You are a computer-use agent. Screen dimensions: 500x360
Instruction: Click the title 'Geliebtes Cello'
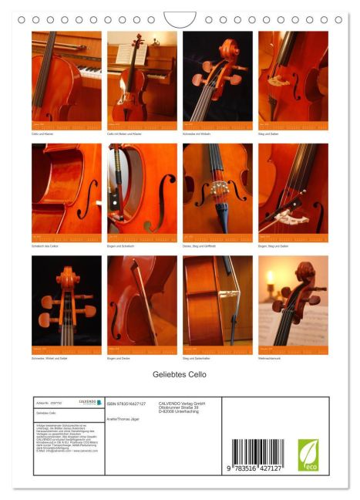click(180, 374)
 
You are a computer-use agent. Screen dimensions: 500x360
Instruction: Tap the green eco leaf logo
click(308, 454)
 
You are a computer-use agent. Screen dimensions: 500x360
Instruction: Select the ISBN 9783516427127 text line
click(126, 403)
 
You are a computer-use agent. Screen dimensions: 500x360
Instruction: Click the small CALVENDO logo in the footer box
click(87, 402)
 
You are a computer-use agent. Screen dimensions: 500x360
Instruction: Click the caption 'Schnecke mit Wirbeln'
click(197, 134)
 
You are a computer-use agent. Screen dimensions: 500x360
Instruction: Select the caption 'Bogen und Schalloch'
click(122, 246)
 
